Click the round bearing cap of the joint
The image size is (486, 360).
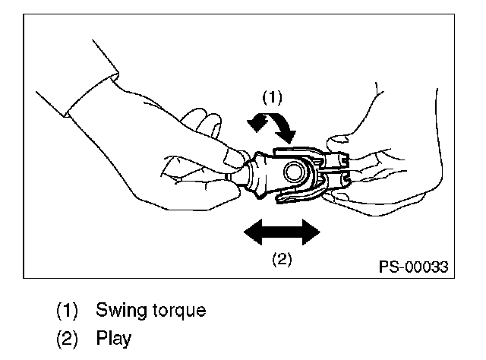(292, 172)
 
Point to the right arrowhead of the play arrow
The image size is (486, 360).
(310, 232)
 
